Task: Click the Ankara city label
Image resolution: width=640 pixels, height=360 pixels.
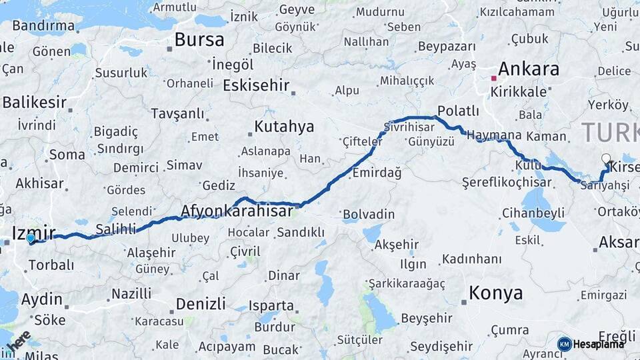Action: pyautogui.click(x=528, y=69)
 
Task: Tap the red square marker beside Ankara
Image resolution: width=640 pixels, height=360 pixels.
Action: pyautogui.click(x=494, y=78)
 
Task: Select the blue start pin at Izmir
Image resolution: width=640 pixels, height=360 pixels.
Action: pyautogui.click(x=30, y=238)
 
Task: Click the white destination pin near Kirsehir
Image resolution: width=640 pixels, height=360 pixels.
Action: pyautogui.click(x=606, y=159)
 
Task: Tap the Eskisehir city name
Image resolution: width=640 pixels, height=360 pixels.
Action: pyautogui.click(x=256, y=85)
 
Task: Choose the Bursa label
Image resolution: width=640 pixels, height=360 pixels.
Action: pyautogui.click(x=199, y=39)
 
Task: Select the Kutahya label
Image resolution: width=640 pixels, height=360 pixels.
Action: pyautogui.click(x=284, y=127)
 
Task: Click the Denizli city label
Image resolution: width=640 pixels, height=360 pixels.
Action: pyautogui.click(x=201, y=304)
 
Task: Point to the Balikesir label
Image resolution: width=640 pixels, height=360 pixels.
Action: pyautogui.click(x=34, y=103)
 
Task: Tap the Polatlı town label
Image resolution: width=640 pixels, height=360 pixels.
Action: pyautogui.click(x=458, y=111)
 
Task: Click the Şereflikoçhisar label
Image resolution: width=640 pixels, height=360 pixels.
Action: pyautogui.click(x=507, y=182)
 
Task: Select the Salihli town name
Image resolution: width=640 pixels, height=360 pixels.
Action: pyautogui.click(x=116, y=229)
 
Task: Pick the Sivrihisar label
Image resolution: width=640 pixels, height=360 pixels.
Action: pyautogui.click(x=401, y=127)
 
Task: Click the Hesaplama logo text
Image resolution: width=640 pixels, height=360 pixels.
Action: pyautogui.click(x=599, y=344)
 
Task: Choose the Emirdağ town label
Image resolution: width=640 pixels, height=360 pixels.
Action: pyautogui.click(x=377, y=173)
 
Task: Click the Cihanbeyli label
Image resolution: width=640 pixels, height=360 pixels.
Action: pyautogui.click(x=531, y=215)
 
